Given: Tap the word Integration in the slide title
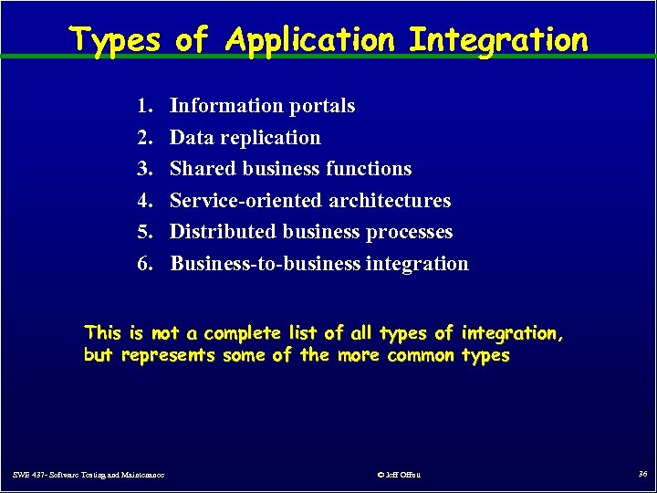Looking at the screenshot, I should click(498, 40).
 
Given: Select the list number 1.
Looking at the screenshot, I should click(145, 106).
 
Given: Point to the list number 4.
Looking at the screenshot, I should click(145, 201).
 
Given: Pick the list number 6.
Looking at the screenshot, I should click(145, 264).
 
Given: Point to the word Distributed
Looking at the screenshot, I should click(215, 232).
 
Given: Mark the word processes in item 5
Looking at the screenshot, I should click(409, 232).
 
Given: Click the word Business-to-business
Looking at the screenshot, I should click(266, 264).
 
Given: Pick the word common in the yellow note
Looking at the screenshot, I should click(421, 355).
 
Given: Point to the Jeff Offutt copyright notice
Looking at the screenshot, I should click(399, 475).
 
